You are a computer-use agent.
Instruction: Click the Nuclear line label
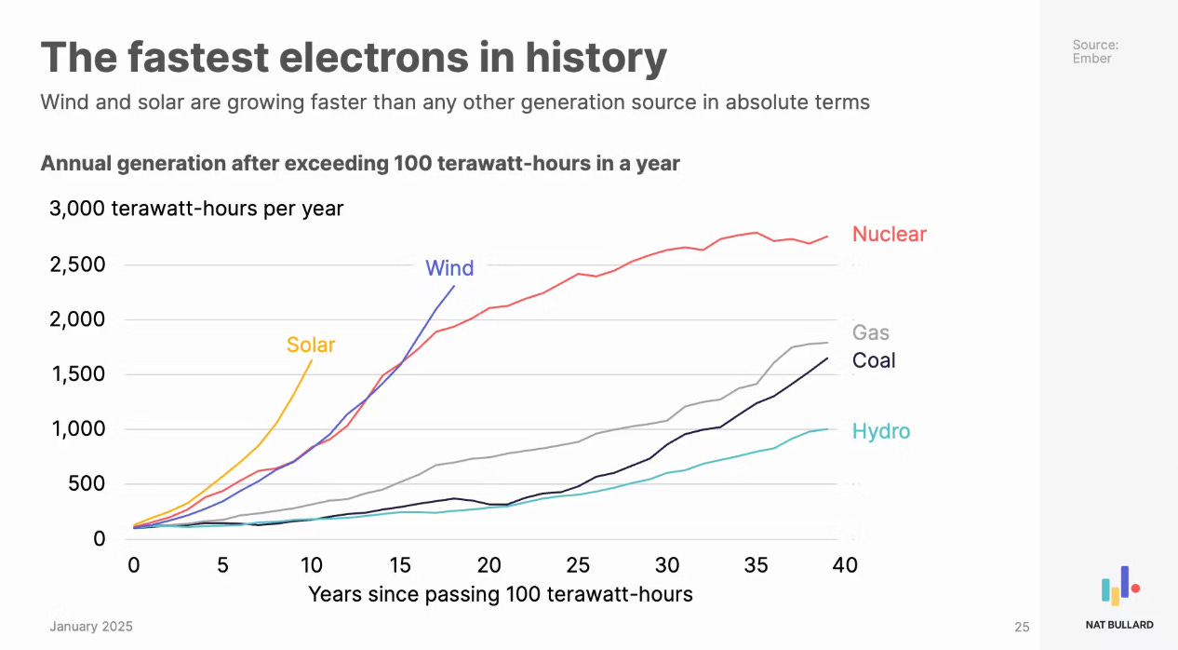(x=890, y=234)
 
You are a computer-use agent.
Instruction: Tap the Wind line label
(x=449, y=268)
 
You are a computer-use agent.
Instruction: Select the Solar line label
(x=311, y=345)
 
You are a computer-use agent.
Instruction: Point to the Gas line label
(x=871, y=332)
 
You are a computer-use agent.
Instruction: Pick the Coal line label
(x=874, y=360)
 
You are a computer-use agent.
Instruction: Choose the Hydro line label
(x=881, y=431)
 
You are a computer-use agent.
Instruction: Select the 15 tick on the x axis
(x=400, y=565)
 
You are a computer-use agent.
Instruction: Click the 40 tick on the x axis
(x=844, y=565)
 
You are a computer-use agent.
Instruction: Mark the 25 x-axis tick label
(x=578, y=565)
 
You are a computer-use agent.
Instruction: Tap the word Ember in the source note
(x=1091, y=58)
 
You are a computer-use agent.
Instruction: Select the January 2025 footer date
(x=91, y=627)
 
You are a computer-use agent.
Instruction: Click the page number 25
(x=1022, y=628)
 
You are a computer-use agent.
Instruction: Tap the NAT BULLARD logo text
(x=1119, y=625)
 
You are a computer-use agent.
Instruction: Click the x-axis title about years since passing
(x=500, y=594)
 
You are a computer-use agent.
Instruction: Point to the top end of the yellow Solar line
(x=312, y=359)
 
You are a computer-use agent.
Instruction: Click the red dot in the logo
(x=1135, y=589)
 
